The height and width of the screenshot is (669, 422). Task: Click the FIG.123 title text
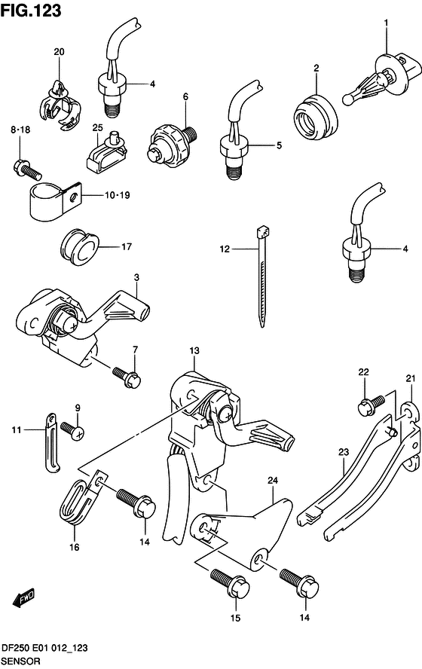pos(31,11)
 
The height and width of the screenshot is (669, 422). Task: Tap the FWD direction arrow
pos(23,599)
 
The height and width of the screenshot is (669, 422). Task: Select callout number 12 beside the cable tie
pos(225,249)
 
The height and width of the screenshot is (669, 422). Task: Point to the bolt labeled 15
pos(230,582)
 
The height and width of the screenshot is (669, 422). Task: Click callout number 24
pos(273,481)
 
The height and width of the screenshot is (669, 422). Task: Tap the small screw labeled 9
pos(72,430)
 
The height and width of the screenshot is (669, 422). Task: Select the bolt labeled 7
pos(127,377)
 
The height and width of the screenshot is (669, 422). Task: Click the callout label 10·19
pos(118,195)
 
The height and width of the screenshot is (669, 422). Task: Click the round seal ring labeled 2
pos(315,118)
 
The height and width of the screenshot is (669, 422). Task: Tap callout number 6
pos(185,97)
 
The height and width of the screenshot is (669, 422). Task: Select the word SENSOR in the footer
pos(21,661)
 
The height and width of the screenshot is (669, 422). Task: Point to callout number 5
pos(279,145)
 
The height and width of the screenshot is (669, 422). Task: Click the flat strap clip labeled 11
pos(52,443)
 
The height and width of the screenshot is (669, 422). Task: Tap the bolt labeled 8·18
pos(27,168)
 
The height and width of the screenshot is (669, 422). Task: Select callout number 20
pos(59,52)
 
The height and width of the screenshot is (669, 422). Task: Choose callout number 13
pos(194,351)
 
